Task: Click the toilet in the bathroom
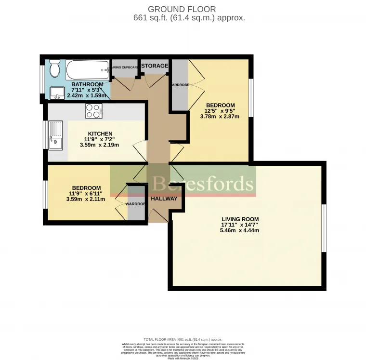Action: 54,69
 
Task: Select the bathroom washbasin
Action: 57,93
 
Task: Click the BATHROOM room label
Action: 87,84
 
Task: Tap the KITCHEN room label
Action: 100,133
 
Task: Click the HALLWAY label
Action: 164,199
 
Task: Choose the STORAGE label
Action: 155,66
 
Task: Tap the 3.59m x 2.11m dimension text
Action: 86,200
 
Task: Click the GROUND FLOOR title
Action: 182,9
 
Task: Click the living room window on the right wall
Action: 324,228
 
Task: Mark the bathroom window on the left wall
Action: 42,77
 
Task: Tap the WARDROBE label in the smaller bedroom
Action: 135,204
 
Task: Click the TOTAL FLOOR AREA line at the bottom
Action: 183,339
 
